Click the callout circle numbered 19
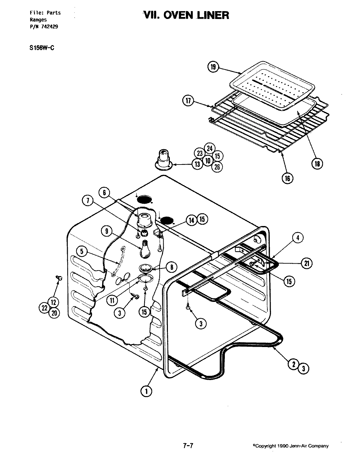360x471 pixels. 213,67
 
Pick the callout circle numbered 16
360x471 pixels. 288,178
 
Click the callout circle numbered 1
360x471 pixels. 146,391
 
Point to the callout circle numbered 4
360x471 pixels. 297,238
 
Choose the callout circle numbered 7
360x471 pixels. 87,202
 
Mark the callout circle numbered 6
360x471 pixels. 104,193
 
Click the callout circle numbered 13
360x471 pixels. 197,164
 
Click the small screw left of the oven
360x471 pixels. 59,278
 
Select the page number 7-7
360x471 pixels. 187,445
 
